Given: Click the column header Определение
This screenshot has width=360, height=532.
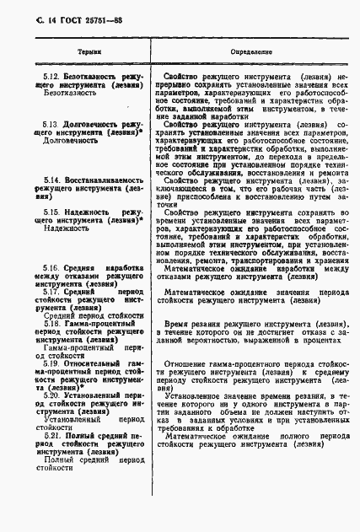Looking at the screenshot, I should [x=242, y=52].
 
